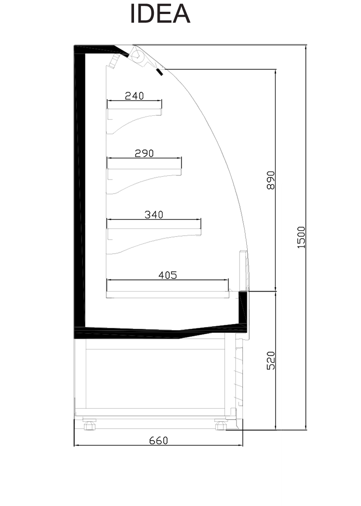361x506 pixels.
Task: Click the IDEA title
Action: [160, 14]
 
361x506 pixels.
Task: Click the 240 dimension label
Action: [134, 96]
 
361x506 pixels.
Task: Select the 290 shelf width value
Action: [144, 153]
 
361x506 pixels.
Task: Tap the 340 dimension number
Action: [154, 215]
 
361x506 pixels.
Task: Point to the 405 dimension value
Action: [168, 275]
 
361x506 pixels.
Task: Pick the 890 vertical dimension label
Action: [271, 180]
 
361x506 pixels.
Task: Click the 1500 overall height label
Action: [301, 237]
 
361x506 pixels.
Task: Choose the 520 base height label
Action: [271, 360]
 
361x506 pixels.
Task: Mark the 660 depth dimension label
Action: [158, 440]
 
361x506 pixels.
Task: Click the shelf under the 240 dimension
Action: [134, 112]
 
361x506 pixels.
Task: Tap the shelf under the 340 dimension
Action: [154, 232]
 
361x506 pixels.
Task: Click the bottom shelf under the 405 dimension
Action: [167, 294]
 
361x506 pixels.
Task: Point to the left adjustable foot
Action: [90, 424]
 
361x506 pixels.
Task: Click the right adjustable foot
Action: [222, 424]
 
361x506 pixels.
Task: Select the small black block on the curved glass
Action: [160, 72]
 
